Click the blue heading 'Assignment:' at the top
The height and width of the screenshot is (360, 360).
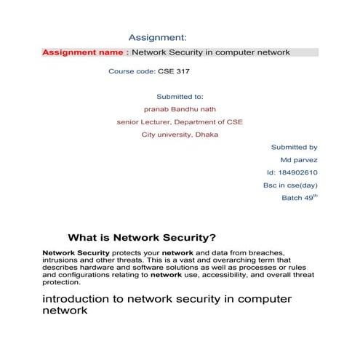[x=158, y=37]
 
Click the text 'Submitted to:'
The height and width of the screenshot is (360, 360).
[x=180, y=97]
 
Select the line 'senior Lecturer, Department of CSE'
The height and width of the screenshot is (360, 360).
[x=180, y=122]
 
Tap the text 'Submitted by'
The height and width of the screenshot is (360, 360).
[x=294, y=147]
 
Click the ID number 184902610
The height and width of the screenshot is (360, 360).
[x=298, y=172]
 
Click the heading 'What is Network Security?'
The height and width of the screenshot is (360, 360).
[x=142, y=237]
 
